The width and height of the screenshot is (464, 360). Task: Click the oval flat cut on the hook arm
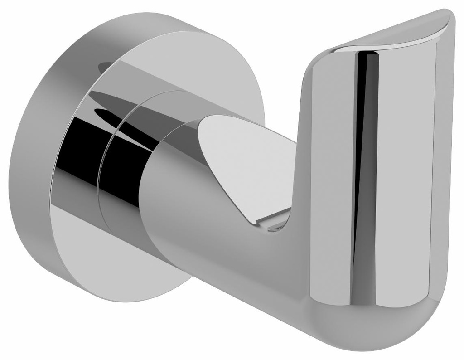(245, 168)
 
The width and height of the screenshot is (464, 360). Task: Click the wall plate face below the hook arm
(113, 254)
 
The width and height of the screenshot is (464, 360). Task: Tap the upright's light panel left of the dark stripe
(329, 181)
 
